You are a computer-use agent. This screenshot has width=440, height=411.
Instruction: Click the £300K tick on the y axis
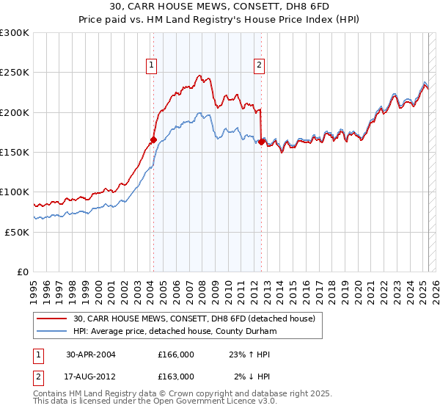click(x=15, y=33)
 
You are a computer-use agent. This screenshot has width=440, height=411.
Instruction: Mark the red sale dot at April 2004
click(x=153, y=139)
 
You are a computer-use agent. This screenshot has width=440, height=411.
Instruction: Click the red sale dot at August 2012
click(x=262, y=142)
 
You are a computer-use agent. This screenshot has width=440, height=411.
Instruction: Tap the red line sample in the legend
click(x=51, y=318)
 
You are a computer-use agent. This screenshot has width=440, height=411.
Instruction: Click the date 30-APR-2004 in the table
click(x=91, y=354)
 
